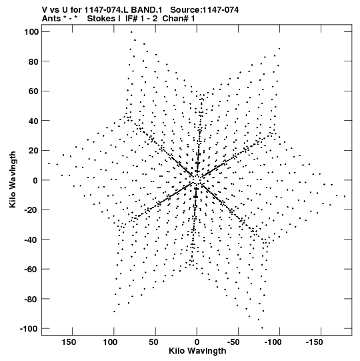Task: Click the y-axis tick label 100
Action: point(31,32)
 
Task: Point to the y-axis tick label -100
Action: point(29,328)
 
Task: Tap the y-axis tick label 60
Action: point(33,91)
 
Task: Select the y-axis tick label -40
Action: point(31,240)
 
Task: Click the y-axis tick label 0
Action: point(35,180)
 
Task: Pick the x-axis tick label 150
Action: point(69,342)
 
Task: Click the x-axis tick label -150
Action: point(314,342)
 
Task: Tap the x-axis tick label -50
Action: point(233,342)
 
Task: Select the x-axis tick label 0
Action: point(197,342)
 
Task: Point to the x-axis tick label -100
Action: point(273,342)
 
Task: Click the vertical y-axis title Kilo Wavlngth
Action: point(13,179)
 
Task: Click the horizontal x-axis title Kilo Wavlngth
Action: point(197,351)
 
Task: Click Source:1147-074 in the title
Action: point(205,10)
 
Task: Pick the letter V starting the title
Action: point(45,10)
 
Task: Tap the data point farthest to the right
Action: point(345,196)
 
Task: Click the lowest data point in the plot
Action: point(262,328)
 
